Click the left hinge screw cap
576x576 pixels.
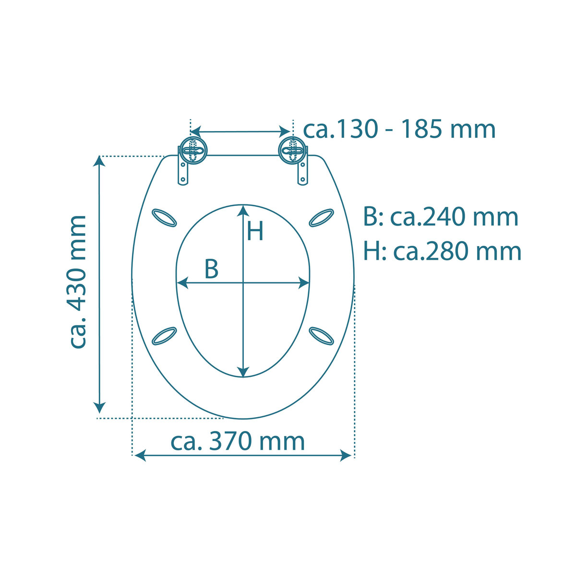coord(193,150)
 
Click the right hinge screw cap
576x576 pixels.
coord(292,150)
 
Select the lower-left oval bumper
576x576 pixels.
coord(164,336)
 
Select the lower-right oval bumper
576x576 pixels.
coord(321,336)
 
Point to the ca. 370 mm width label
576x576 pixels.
coord(238,442)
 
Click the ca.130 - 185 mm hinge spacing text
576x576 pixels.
coord(399,129)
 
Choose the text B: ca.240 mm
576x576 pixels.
coord(441,217)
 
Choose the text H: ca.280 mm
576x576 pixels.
coord(442,251)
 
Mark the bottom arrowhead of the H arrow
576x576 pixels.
coord(243,371)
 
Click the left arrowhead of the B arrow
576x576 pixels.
coord(183,283)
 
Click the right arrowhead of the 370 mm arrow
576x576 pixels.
coord(346,455)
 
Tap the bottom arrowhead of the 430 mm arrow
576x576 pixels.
coord(99,407)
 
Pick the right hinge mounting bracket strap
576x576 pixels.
coord(302,173)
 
